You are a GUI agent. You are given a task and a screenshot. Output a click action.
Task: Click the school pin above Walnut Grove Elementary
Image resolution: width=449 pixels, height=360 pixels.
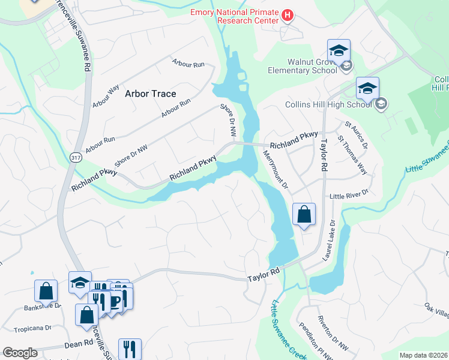point(339,50)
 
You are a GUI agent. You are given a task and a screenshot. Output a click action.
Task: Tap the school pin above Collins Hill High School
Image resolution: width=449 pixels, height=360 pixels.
point(367,88)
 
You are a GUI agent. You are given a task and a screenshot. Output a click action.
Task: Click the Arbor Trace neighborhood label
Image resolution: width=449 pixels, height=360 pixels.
point(150,94)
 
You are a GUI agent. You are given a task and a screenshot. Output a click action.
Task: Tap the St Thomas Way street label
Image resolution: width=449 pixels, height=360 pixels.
point(352,158)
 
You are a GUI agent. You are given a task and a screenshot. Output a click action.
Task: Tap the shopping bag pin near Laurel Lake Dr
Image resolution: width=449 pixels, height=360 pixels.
point(304,214)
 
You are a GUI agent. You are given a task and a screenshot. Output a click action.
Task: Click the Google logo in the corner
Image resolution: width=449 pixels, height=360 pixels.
point(20,353)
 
